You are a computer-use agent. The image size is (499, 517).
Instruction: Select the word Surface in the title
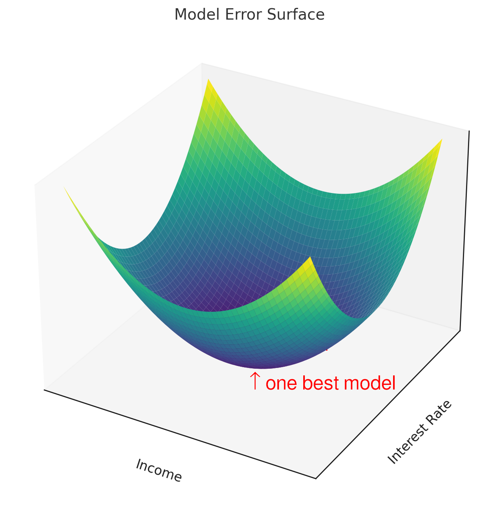point(295,15)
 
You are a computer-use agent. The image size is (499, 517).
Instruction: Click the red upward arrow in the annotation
point(255,380)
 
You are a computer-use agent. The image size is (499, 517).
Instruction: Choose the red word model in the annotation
point(370,382)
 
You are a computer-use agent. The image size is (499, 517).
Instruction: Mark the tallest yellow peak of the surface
point(208,79)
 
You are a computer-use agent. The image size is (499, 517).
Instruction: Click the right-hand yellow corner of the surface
point(442,139)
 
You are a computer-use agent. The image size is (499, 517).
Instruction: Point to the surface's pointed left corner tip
point(64,187)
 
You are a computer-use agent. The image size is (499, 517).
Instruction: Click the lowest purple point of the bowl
point(262,368)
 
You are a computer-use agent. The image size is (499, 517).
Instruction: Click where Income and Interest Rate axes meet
point(316,479)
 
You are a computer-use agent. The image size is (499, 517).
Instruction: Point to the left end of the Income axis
point(44,390)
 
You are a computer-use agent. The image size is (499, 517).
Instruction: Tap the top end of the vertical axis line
point(469,131)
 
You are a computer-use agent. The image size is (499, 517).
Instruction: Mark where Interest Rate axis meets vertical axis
point(460,331)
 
